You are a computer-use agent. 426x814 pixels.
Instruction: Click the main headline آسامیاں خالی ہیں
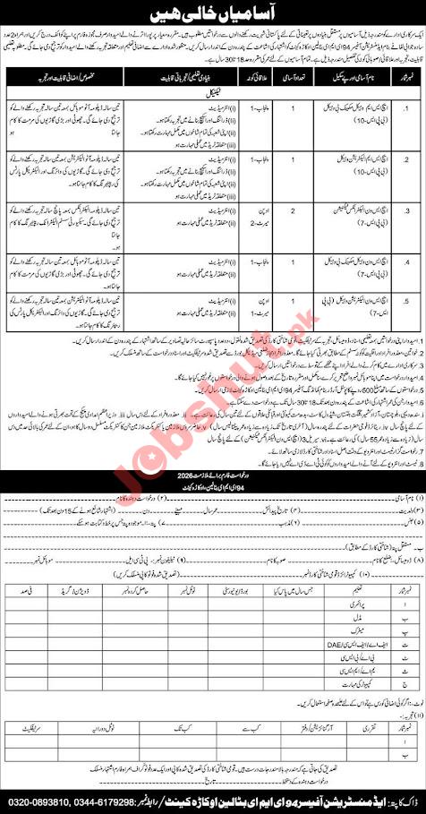click(213, 13)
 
